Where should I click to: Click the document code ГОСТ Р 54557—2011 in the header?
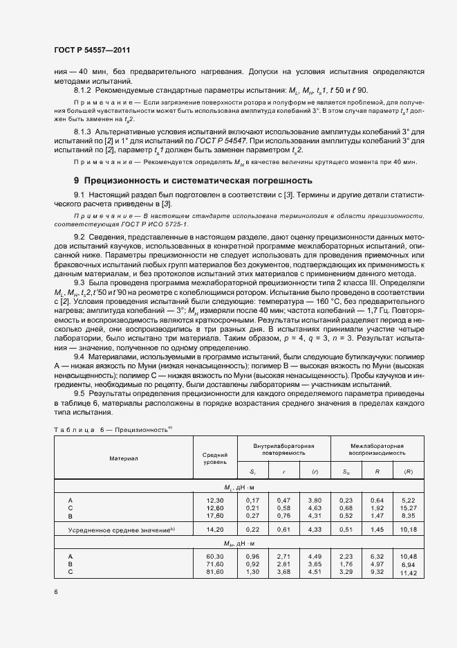92,51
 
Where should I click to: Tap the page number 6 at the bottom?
56,591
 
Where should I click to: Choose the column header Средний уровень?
216,458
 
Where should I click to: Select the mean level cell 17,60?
216,515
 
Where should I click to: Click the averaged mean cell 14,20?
216,530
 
